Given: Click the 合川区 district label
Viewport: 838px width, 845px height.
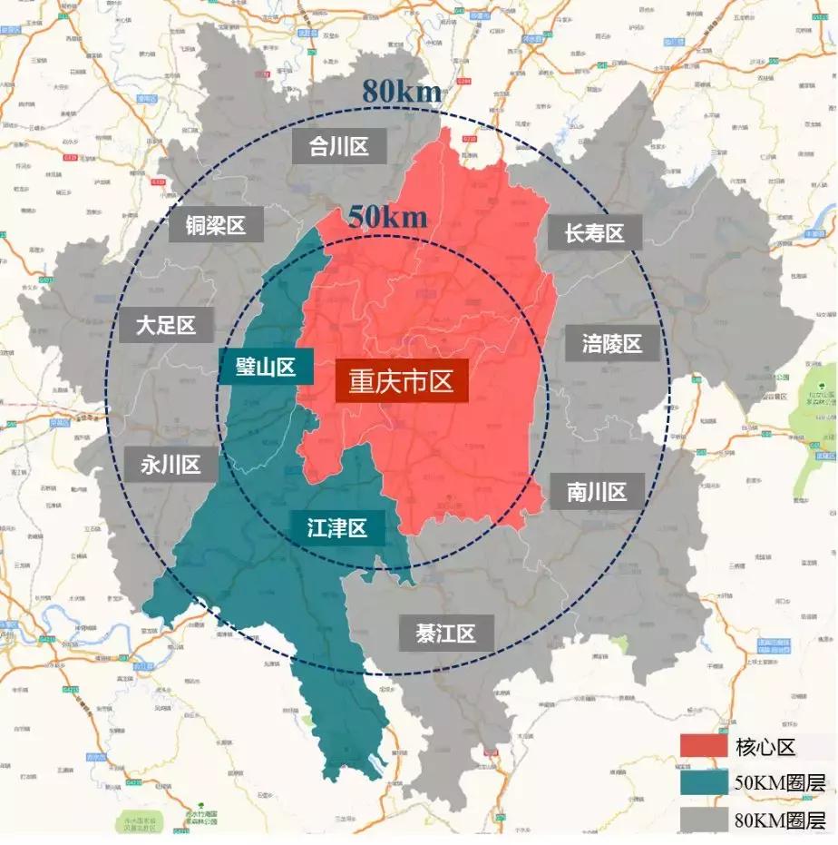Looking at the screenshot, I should point(339,145).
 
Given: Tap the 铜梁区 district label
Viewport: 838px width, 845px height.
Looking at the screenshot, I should point(216,225).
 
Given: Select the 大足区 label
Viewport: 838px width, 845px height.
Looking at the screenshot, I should point(166,325).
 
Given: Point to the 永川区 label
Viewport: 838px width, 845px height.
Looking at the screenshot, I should point(170,465).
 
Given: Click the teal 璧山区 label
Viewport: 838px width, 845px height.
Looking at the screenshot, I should point(266,367).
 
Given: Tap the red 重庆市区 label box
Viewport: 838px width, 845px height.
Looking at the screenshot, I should point(401,380).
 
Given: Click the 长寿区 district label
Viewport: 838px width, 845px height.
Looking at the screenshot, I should point(595,233).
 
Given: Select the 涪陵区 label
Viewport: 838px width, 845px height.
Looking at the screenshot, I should point(611,344).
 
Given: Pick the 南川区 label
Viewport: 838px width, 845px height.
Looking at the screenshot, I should point(597,492).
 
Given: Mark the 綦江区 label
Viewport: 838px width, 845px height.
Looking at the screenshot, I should point(445,633).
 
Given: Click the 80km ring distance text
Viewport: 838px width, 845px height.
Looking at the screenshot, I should point(402,92).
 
